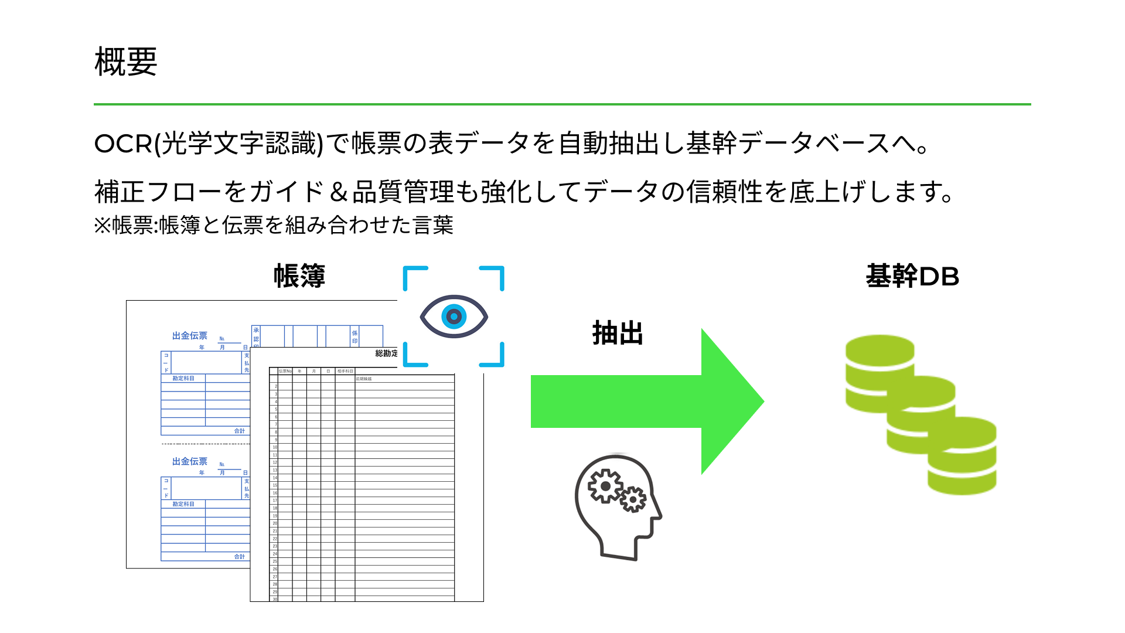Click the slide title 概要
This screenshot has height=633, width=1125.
coord(126,62)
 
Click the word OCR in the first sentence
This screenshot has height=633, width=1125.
coord(123,144)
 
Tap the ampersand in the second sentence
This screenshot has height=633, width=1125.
coord(338,192)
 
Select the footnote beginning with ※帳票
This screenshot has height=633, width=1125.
coord(274,225)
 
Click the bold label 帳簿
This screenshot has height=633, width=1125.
coord(299,276)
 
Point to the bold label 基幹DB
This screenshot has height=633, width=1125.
coord(912,276)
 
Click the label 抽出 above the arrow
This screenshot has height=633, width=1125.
coord(618,333)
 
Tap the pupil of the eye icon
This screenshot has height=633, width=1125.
coord(454,316)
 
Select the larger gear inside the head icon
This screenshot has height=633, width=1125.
coord(605,486)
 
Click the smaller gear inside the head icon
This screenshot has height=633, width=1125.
coord(633,499)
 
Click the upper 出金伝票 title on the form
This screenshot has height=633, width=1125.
coord(190,336)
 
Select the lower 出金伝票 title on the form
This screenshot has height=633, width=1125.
coord(190,462)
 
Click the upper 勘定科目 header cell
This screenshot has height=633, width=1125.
coord(183,379)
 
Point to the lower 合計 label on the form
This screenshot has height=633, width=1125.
coord(240,557)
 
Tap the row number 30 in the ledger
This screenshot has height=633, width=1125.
coord(275,599)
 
